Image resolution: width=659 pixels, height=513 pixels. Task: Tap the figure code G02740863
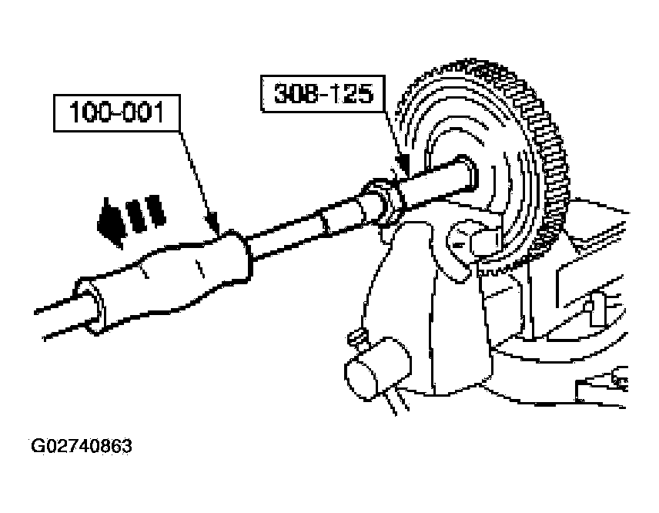click(x=82, y=446)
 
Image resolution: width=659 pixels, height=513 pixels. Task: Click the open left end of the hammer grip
click(x=89, y=308)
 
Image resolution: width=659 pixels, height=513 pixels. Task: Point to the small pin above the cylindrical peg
click(x=355, y=337)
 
